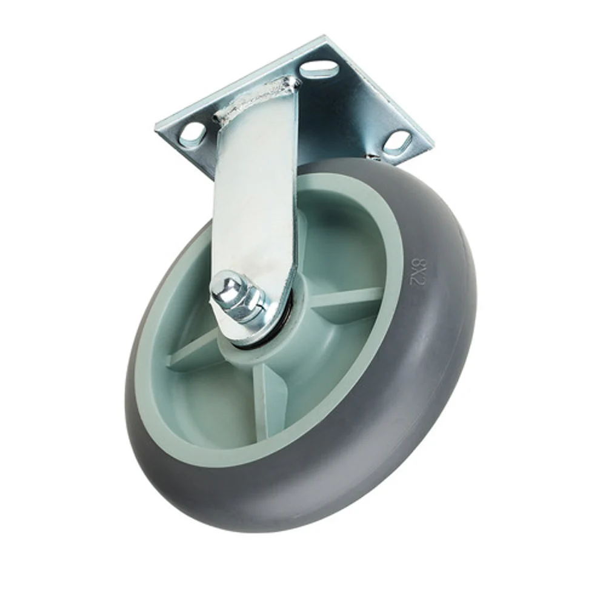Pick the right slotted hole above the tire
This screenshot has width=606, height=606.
point(397,142)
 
